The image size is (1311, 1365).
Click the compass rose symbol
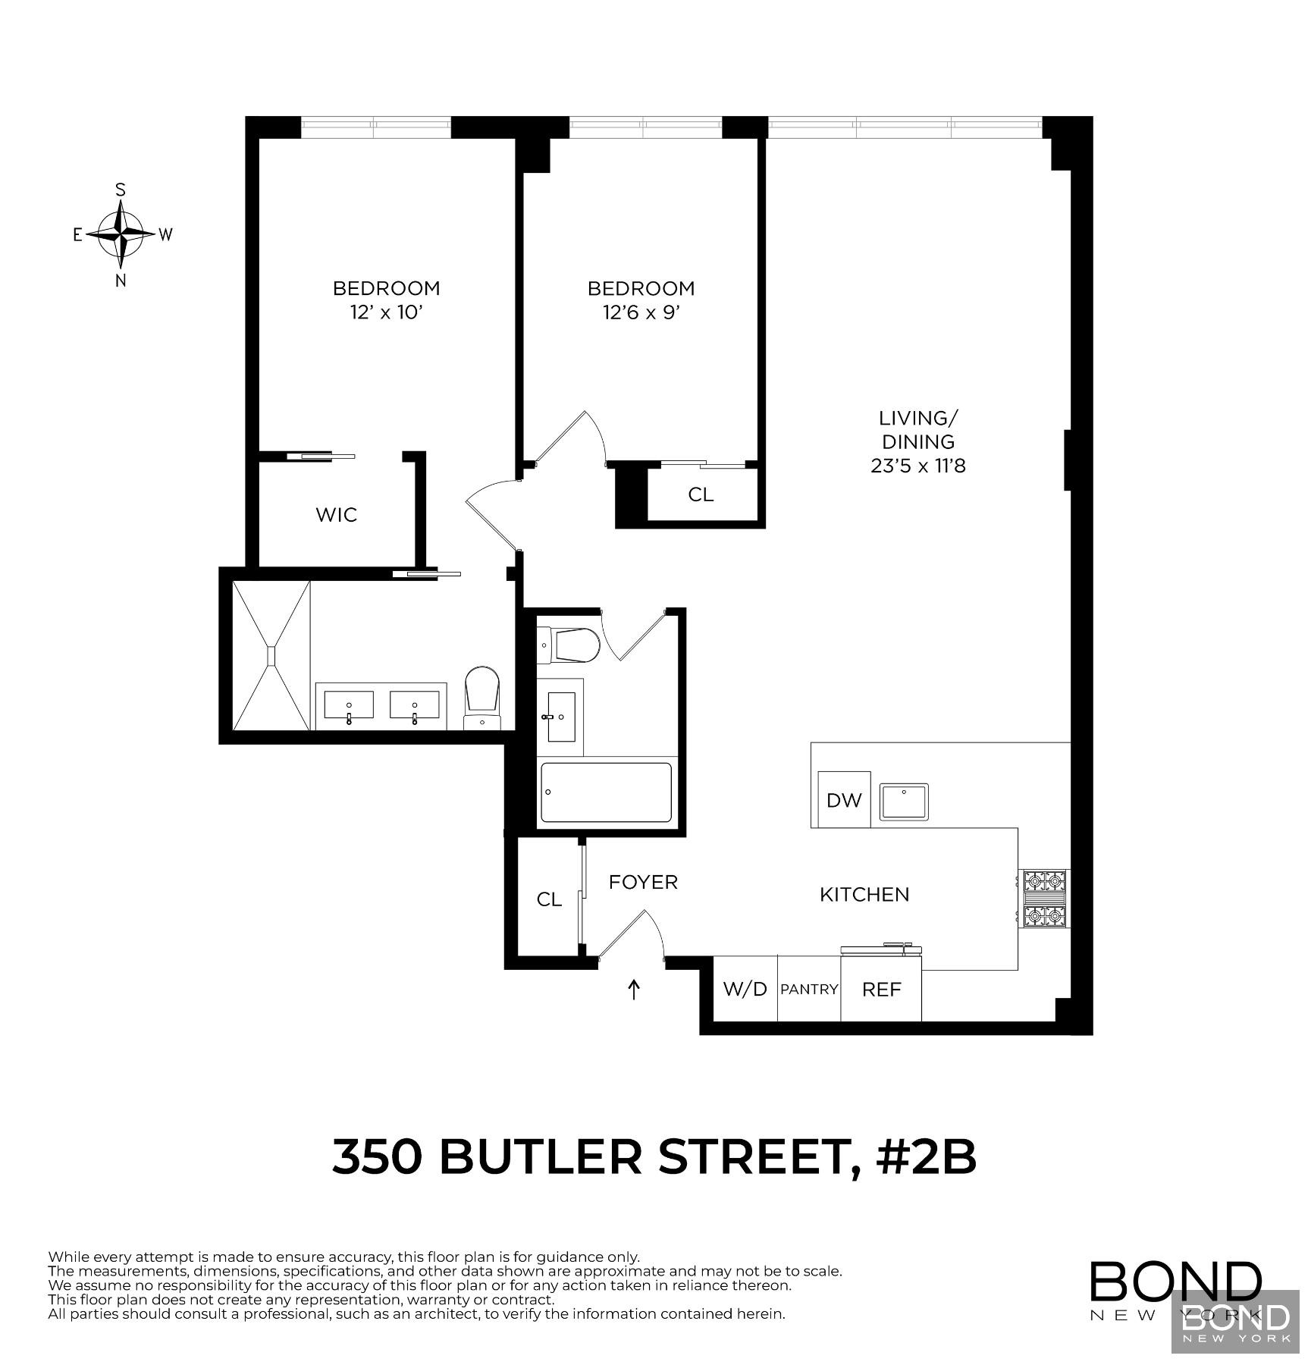121,234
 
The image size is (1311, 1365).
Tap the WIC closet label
336,515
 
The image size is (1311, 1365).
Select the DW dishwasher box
844,800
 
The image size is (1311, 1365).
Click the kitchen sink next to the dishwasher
904,802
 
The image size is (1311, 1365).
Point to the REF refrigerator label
882,990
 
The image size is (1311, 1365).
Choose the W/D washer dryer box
745,989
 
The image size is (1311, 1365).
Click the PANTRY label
809,990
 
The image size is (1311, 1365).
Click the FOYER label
643,882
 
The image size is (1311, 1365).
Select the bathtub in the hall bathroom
606,792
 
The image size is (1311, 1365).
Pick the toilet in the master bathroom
482,695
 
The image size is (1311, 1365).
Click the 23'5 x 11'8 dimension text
917,466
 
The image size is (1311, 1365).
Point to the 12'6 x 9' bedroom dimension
641,312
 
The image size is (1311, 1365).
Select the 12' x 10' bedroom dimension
386,312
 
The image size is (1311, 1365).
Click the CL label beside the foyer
549,899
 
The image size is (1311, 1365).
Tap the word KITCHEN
864,895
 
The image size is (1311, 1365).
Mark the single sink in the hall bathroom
561,717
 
